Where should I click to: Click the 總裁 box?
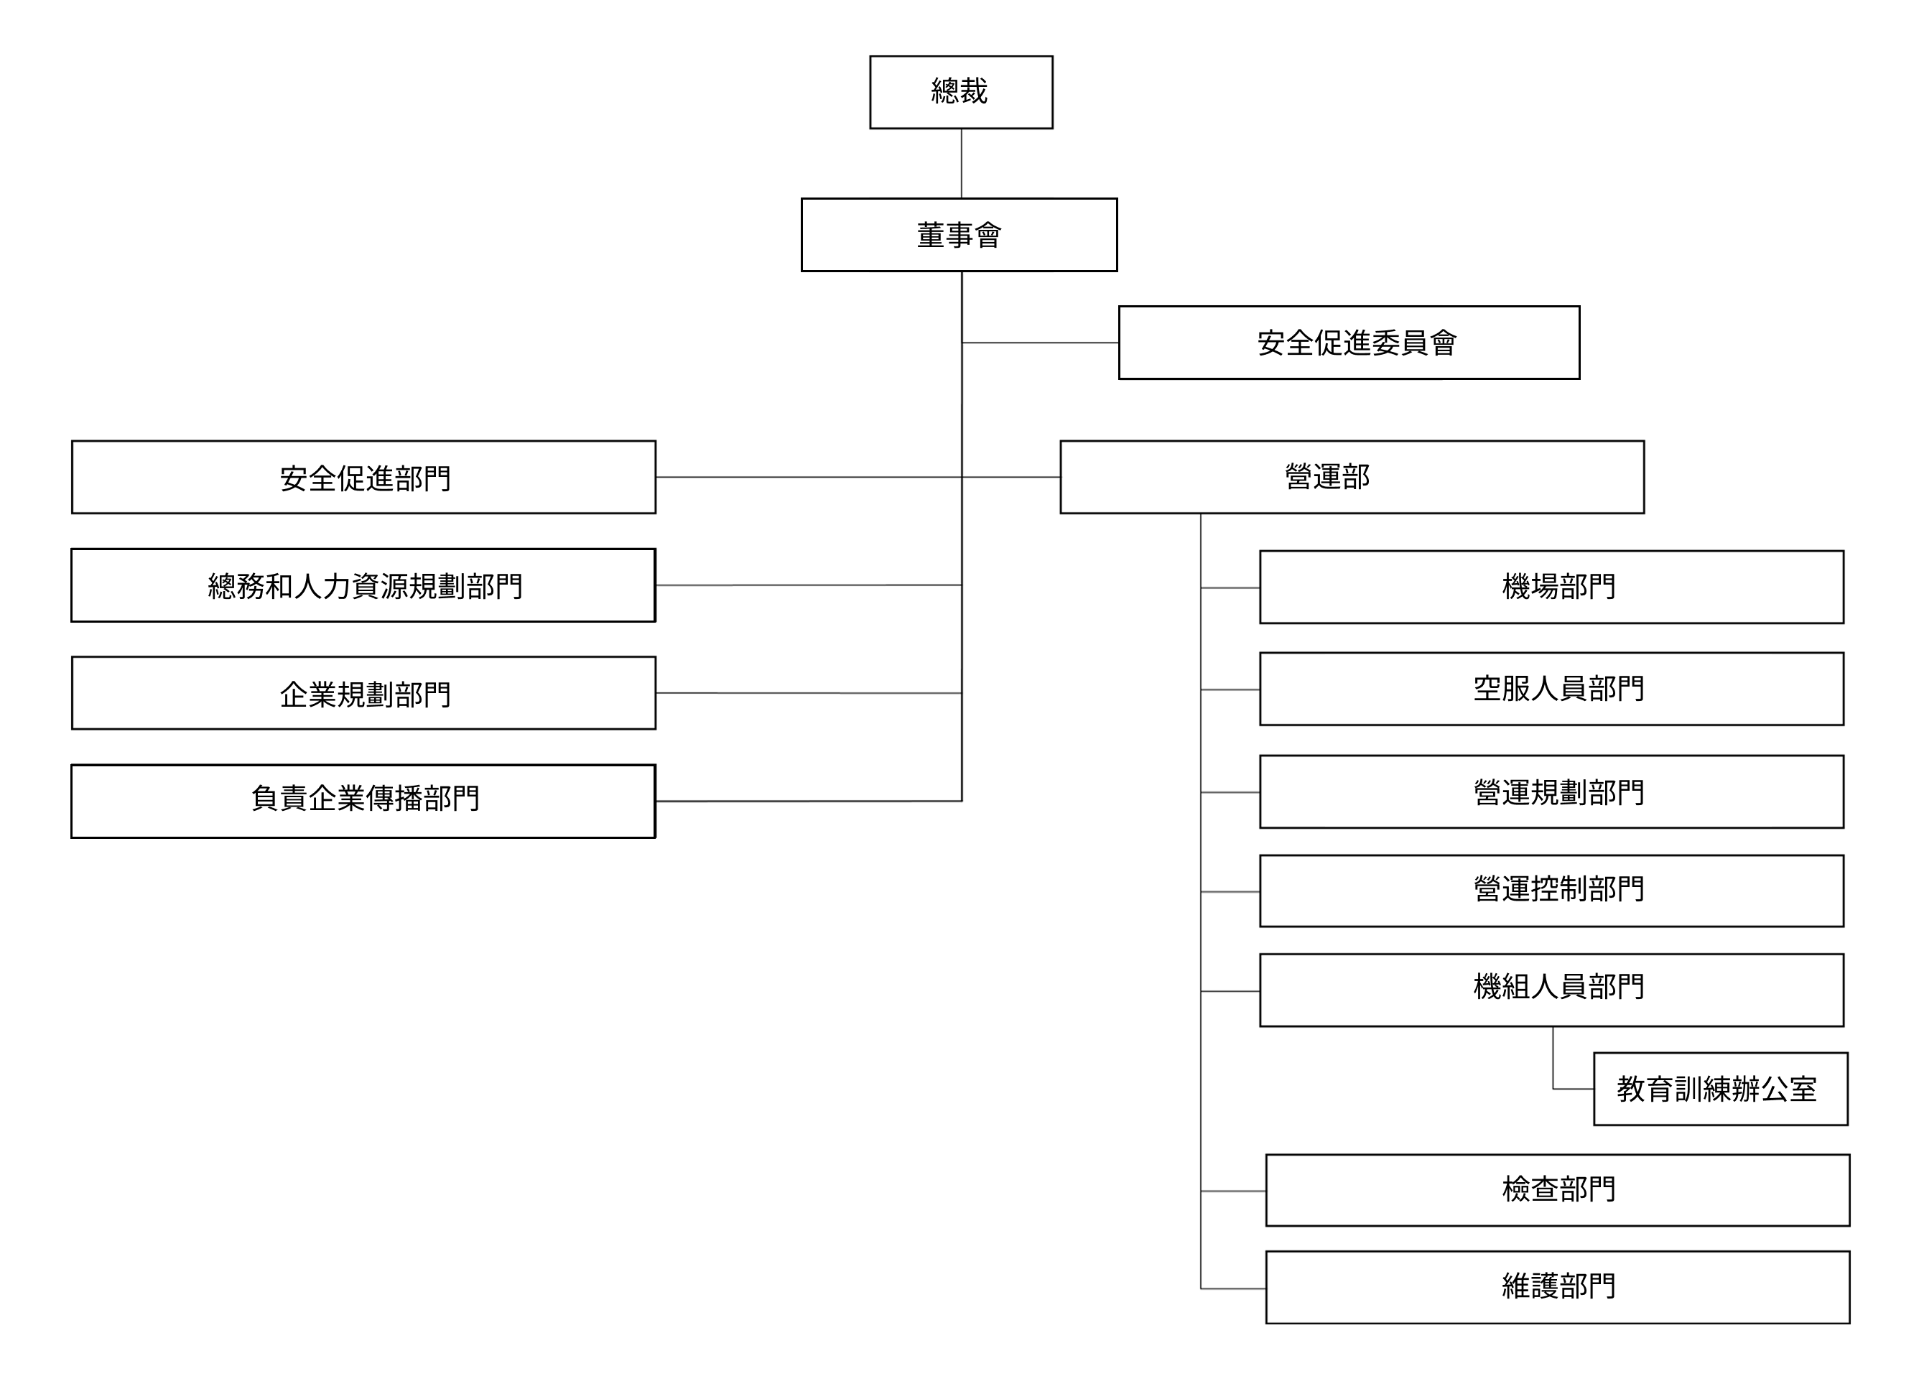click(x=960, y=92)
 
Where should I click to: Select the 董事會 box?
click(x=959, y=235)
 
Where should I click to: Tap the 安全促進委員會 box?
click(x=1349, y=343)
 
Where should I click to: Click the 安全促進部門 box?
click(x=364, y=477)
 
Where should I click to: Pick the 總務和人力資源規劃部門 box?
click(x=364, y=585)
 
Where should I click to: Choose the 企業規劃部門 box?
click(x=364, y=693)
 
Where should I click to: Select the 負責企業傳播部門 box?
click(x=364, y=801)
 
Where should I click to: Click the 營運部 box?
click(x=1352, y=477)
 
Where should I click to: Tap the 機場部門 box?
click(x=1552, y=587)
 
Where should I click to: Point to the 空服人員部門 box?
click(x=1552, y=689)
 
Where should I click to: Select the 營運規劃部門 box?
click(x=1552, y=791)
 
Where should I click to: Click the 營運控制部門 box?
click(x=1552, y=891)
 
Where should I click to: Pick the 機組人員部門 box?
click(x=1552, y=990)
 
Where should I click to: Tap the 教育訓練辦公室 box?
click(x=1720, y=1089)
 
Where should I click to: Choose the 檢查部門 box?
click(x=1558, y=1190)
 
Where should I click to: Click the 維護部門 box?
click(x=1558, y=1288)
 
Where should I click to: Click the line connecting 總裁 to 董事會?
click(x=961, y=163)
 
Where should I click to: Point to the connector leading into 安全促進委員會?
click(x=1040, y=343)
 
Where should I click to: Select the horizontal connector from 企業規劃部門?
click(x=808, y=693)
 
